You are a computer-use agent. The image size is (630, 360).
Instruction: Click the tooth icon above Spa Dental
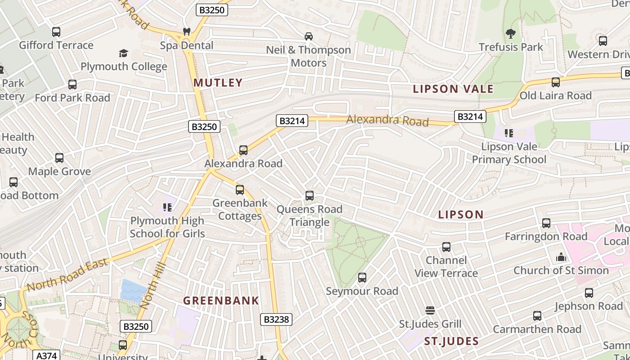pos(186,32)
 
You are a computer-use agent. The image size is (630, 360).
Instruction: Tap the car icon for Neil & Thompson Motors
pos(309,36)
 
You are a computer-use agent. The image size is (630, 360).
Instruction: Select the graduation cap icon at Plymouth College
pos(123,54)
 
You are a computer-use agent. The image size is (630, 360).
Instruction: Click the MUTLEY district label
pos(218,82)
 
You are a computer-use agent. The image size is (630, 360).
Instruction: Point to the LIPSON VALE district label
pos(453,89)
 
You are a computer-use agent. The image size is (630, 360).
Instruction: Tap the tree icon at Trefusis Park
pos(510,33)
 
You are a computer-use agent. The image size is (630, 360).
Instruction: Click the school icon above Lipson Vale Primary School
pos(509,133)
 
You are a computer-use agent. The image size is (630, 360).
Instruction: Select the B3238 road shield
pos(276,319)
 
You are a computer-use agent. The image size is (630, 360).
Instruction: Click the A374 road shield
pos(47,355)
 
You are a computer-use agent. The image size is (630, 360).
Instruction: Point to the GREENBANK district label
pos(221,301)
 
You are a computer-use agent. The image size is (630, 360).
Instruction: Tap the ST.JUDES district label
pos(451,341)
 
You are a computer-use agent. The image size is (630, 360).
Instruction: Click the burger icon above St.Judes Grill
pos(430,310)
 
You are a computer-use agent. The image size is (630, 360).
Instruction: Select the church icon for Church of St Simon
pos(561,257)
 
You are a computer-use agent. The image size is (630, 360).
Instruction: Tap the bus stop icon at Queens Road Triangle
pos(309,196)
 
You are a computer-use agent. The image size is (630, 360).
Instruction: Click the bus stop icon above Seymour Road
pos(362,278)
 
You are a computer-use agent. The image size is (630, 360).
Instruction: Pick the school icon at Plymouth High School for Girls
pos(167,207)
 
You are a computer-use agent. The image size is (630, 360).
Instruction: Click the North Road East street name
pos(67,274)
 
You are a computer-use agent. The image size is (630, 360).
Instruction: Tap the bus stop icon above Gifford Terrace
pos(56,32)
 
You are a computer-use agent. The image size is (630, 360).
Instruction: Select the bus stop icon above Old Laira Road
pos(556,82)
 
